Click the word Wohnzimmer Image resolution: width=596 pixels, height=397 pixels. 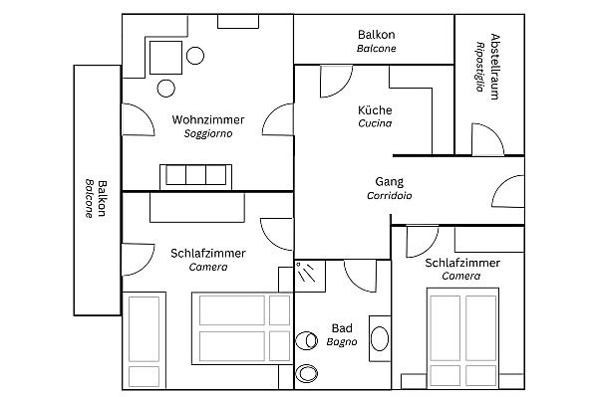pyautogui.click(x=208, y=120)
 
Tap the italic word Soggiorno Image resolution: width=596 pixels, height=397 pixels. pyautogui.click(x=208, y=133)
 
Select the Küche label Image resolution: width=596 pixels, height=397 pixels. pyautogui.click(x=375, y=110)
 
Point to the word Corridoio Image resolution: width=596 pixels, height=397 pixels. pyautogui.click(x=390, y=195)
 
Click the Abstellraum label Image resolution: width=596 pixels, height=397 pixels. pyautogui.click(x=495, y=67)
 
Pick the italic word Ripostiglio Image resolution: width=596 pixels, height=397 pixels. pyautogui.click(x=480, y=67)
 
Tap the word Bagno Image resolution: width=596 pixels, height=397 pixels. pyautogui.click(x=342, y=342)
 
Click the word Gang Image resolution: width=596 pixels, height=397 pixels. pyautogui.click(x=390, y=182)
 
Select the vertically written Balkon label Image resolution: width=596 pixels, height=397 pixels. pyautogui.click(x=102, y=198)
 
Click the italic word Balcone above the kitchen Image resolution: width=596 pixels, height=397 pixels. pyautogui.click(x=377, y=49)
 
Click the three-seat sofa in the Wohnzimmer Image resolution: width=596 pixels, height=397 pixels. pyautogui.click(x=195, y=177)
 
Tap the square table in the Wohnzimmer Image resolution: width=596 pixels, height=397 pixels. pyautogui.click(x=165, y=58)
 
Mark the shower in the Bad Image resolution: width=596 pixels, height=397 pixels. pyautogui.click(x=310, y=276)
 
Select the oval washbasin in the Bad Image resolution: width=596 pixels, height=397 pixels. pyautogui.click(x=380, y=338)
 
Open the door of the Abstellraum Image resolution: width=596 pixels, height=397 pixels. pyautogui.click(x=488, y=139)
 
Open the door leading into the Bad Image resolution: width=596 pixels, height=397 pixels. pyautogui.click(x=361, y=276)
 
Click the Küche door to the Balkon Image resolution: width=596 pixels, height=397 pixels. pyautogui.click(x=336, y=82)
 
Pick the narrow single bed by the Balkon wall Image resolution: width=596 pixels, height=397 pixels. pyautogui.click(x=145, y=340)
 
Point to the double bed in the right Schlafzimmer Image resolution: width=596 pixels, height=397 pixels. pyautogui.click(x=463, y=338)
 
